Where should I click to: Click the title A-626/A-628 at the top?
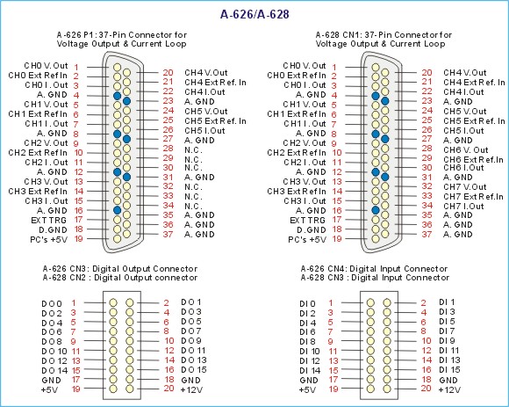pyautogui.click(x=254, y=14)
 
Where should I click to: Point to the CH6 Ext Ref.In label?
pyautogui.click(x=474, y=160)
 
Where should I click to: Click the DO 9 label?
pyautogui.click(x=191, y=341)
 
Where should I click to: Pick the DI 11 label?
pyautogui.click(x=449, y=351)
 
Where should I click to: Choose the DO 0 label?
pyautogui.click(x=52, y=303)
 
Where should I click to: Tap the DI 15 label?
pyautogui.click(x=449, y=369)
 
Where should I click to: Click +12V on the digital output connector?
pyautogui.click(x=191, y=389)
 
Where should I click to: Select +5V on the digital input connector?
pyautogui.click(x=307, y=389)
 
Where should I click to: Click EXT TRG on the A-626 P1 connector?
pyautogui.click(x=48, y=220)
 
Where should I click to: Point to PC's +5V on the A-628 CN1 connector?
pyautogui.click(x=307, y=240)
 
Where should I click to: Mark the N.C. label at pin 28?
pyautogui.click(x=193, y=150)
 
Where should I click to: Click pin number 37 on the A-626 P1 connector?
pyautogui.click(x=168, y=234)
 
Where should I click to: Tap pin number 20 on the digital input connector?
pyautogui.click(x=426, y=388)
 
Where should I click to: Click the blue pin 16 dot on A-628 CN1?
pyautogui.click(x=376, y=210)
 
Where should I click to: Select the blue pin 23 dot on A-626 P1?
pyautogui.click(x=126, y=101)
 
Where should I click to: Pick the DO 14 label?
pyautogui.click(x=54, y=371)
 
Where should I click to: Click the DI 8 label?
pyautogui.click(x=307, y=342)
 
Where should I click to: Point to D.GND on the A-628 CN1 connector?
pyautogui.click(x=311, y=229)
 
